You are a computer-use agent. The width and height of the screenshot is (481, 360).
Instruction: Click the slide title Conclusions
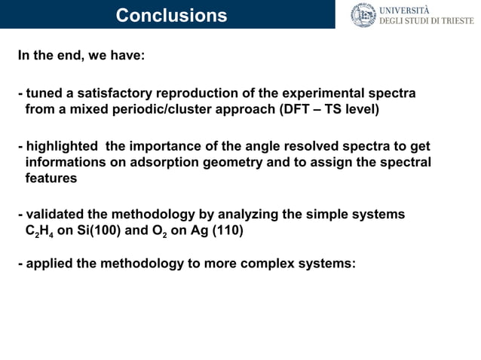point(171,15)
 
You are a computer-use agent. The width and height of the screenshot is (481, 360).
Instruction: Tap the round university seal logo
point(363,15)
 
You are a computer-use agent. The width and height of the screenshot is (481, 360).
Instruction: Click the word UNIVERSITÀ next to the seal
point(404,10)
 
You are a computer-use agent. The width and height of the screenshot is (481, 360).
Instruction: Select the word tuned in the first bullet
point(42,93)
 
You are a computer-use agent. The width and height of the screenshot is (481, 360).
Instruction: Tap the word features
point(51,178)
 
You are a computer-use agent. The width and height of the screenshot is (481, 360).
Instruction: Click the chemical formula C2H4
point(39,231)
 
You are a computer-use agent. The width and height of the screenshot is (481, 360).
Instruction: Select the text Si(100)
point(97,230)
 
